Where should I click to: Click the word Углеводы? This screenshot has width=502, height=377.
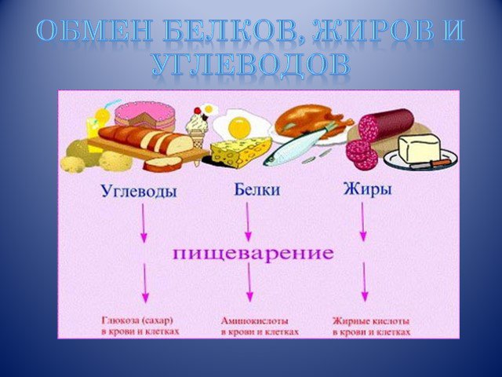coord(139,192)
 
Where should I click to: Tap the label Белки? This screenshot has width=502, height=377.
coord(257,189)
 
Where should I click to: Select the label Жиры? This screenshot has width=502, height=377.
coord(368,189)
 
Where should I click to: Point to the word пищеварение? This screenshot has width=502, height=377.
coord(253,253)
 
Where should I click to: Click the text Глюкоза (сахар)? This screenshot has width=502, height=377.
coord(137,320)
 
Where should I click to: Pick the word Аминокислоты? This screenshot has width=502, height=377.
coord(254,321)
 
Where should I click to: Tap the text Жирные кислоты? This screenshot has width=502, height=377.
coord(371,321)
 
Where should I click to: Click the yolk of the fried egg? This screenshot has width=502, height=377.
coord(239,127)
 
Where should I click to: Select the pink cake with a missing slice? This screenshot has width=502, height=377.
coord(145,115)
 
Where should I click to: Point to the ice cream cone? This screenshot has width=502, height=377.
coord(198,128)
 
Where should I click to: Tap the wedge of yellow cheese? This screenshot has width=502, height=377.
coord(240,152)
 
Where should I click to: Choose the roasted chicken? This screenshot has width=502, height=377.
coord(311,121)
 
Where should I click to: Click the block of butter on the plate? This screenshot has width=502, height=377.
coord(419,148)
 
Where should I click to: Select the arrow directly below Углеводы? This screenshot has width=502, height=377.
coord(144,223)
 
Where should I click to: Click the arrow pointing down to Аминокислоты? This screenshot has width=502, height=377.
coord(249,283)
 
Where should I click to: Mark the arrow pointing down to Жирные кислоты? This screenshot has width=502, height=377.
coord(364,282)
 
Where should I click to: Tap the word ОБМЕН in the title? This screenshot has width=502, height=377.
coord(93,31)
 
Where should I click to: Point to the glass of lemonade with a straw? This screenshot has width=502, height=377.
coord(95,128)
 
